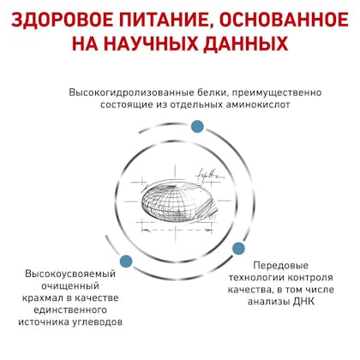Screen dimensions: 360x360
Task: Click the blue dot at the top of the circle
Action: (197, 126)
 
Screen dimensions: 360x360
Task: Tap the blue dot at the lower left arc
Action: (126, 261)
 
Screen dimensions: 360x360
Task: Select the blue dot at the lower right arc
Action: (238, 249)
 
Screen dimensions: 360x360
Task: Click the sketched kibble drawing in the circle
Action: (178, 201)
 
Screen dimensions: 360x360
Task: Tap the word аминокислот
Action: (258, 105)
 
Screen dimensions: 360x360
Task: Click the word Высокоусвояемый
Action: (70, 274)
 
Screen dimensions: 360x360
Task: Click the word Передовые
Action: (281, 266)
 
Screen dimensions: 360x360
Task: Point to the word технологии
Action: (256, 278)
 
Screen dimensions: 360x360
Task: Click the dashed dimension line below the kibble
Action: (177, 231)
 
